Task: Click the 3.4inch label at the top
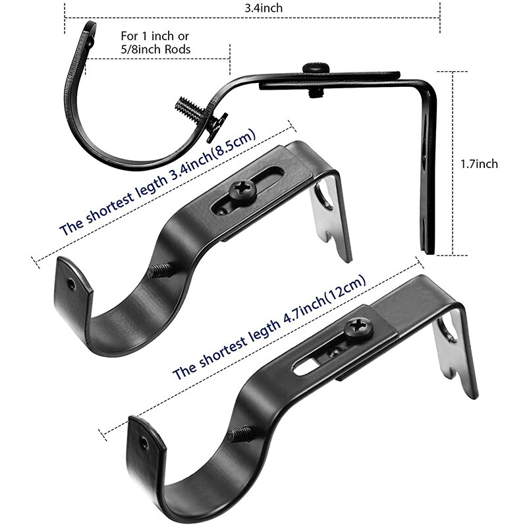pyautogui.click(x=263, y=8)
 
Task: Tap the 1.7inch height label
pyautogui.click(x=479, y=163)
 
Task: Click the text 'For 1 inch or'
pyautogui.click(x=155, y=36)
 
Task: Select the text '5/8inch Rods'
pyautogui.click(x=155, y=49)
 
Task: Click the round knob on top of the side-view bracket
pyautogui.click(x=316, y=69)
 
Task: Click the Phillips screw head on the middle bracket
pyautogui.click(x=242, y=191)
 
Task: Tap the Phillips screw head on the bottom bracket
pyautogui.click(x=360, y=328)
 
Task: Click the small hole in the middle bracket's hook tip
pyautogui.click(x=72, y=284)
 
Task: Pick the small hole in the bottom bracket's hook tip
pyautogui.click(x=144, y=442)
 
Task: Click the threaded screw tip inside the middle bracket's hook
pyautogui.click(x=161, y=270)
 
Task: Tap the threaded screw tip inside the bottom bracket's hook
pyautogui.click(x=239, y=434)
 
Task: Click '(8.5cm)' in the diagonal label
pyautogui.click(x=235, y=145)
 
